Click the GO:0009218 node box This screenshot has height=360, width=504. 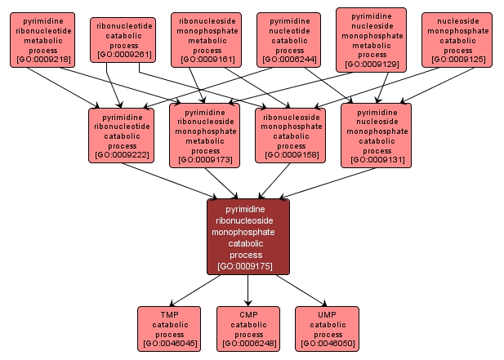click(x=42, y=39)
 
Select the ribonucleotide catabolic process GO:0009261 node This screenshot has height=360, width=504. click(x=123, y=40)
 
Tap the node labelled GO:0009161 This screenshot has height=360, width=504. click(x=207, y=39)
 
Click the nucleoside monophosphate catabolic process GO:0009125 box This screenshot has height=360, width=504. click(x=457, y=39)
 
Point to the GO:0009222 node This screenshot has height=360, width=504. click(x=122, y=133)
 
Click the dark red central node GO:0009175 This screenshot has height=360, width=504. click(x=248, y=237)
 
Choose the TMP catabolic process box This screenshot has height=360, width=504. click(x=169, y=328)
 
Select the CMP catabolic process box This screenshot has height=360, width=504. click(x=248, y=328)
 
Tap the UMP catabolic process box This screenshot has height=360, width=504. click(x=328, y=328)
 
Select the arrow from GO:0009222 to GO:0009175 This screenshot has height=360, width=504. click(x=169, y=180)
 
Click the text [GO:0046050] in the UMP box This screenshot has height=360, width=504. click(x=328, y=344)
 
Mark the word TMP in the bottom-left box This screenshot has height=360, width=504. click(x=169, y=314)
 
